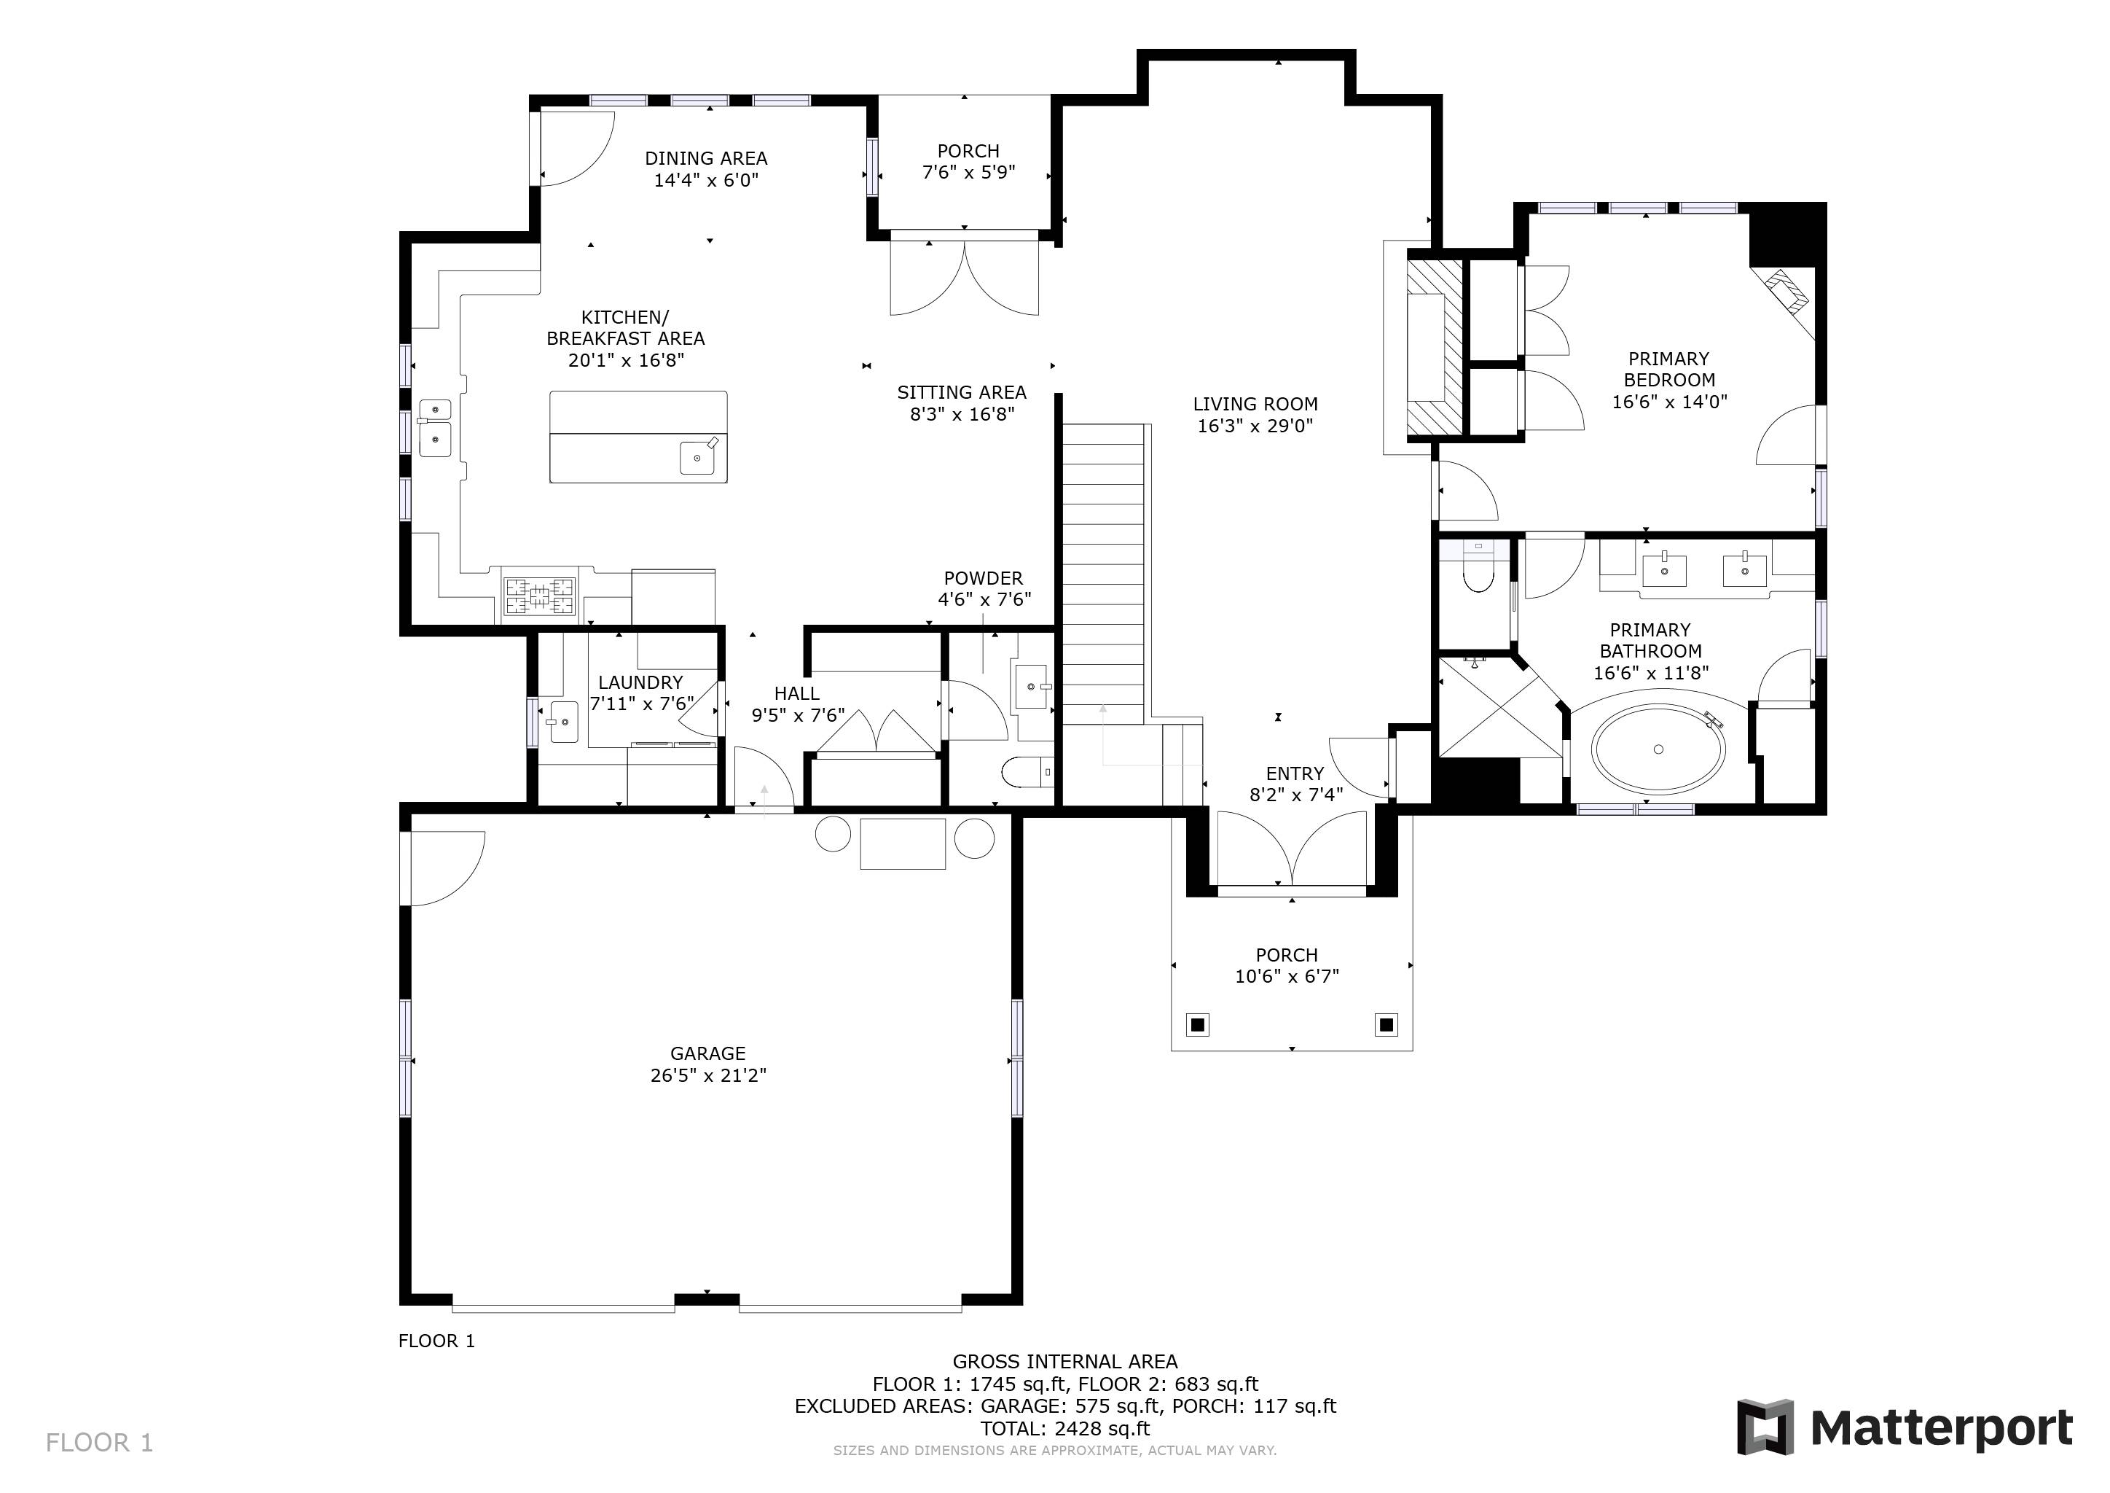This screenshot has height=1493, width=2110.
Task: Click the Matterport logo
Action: coord(1904,1427)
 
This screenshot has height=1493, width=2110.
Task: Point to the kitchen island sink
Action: coord(697,457)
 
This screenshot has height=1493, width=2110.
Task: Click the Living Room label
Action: coord(1255,404)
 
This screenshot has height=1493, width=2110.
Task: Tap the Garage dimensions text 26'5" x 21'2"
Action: coord(707,1075)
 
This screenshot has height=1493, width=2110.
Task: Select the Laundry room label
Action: coord(640,682)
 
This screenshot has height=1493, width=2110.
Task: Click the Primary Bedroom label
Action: coord(1669,369)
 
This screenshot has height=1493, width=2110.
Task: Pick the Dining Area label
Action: coord(706,158)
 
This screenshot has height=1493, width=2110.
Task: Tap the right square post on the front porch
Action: coord(1386,1024)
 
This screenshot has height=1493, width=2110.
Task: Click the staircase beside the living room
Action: coord(1103,574)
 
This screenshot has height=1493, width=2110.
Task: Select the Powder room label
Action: coord(984,578)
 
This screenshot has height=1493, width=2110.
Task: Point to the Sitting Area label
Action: coord(961,392)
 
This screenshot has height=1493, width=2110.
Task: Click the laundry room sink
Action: coord(560,722)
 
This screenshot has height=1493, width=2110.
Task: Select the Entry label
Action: coord(1295,774)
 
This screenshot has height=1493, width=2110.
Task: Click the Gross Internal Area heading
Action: coord(1065,1362)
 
